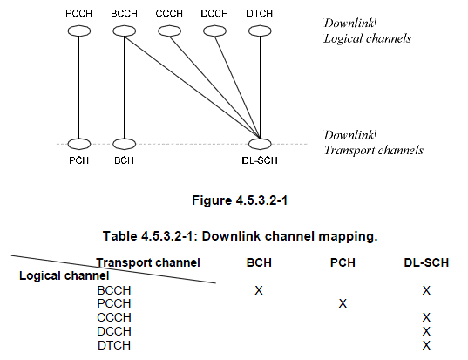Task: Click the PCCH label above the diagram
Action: pos(78,13)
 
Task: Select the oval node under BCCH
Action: pos(124,31)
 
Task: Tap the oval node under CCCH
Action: pos(169,31)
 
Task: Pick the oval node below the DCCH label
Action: pos(214,31)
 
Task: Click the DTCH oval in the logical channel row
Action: pos(260,31)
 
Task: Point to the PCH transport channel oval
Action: pos(79,144)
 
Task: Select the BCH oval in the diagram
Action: pos(124,144)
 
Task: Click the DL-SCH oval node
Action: pos(260,144)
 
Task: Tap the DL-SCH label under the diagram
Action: pos(260,160)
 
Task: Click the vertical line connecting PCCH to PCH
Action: pos(79,87)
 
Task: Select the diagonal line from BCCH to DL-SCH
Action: pos(192,87)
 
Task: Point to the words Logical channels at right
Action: pos(368,38)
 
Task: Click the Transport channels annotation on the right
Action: pos(374,150)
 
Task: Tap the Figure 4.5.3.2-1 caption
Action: pos(240,200)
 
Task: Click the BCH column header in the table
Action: pos(259,262)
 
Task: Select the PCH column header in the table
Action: pos(343,262)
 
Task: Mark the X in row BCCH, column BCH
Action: pos(259,290)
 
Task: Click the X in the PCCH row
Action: pos(343,303)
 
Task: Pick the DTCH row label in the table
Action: pos(114,345)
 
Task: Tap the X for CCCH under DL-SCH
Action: pos(426,317)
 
